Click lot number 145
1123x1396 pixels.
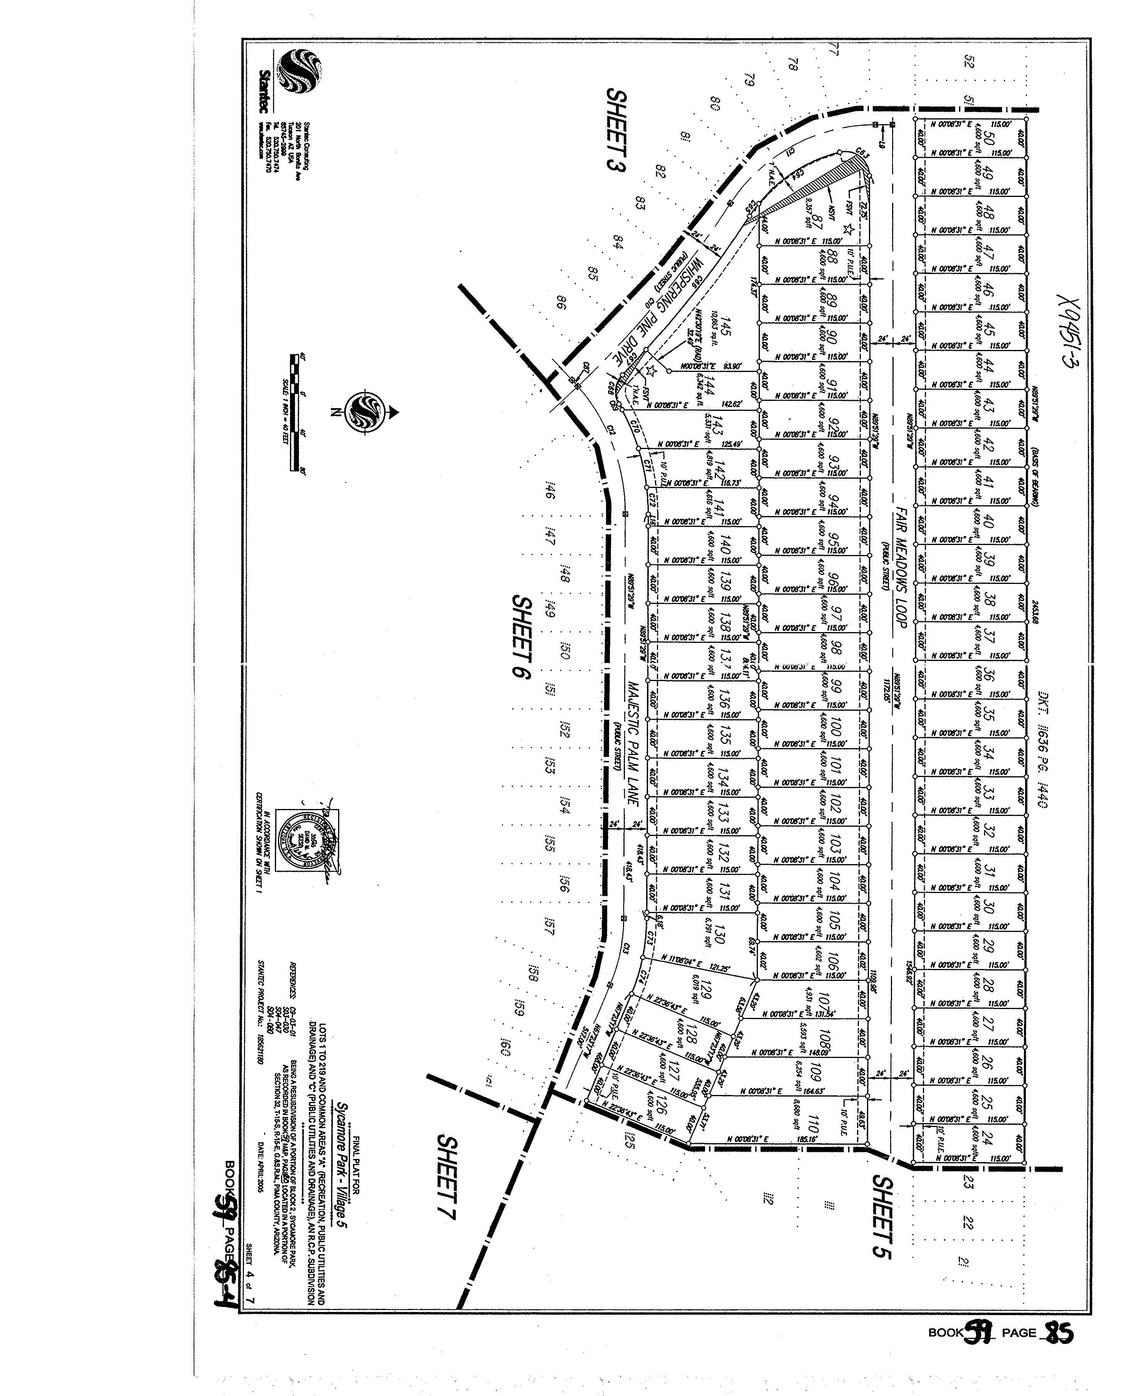726,327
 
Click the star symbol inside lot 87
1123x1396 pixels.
849,229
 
